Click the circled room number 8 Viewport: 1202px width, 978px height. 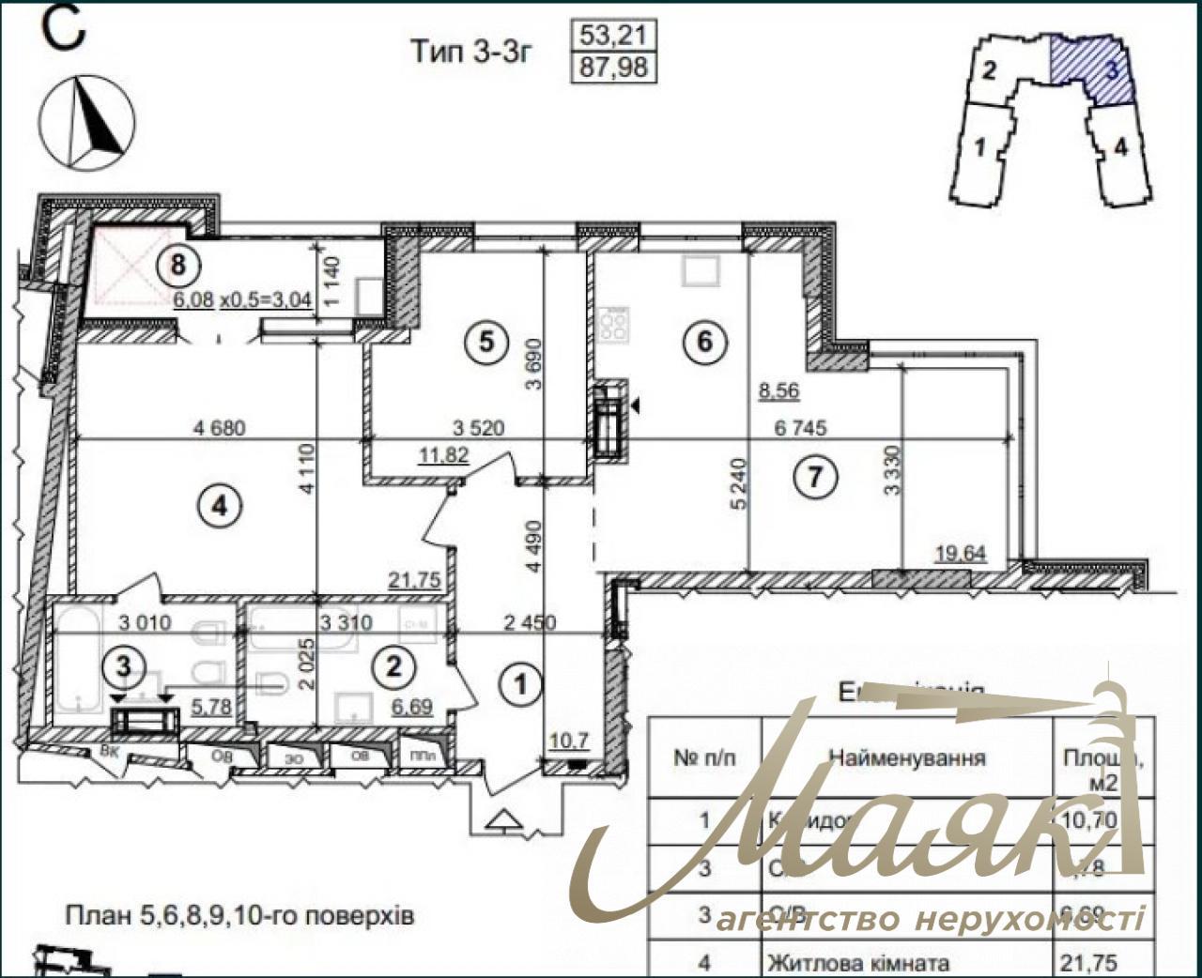click(177, 265)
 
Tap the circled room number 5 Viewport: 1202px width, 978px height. click(485, 342)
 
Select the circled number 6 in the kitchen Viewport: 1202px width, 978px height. click(705, 341)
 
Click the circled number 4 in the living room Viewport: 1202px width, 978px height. click(219, 507)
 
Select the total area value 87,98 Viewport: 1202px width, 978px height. click(614, 68)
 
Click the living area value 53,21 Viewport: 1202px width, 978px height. click(614, 36)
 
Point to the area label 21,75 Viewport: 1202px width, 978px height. click(414, 581)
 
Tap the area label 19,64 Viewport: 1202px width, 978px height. click(961, 554)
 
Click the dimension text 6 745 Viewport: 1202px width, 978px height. click(800, 428)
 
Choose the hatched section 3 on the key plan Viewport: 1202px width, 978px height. click(1093, 67)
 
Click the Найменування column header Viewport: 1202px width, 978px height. click(906, 757)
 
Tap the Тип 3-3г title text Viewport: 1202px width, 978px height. click(471, 51)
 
